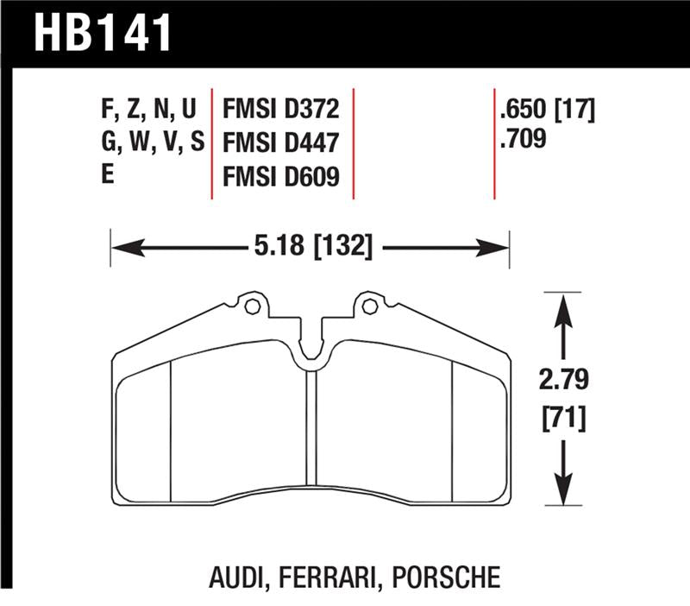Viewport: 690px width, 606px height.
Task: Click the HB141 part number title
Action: pos(103,32)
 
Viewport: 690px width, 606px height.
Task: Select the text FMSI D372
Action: pos(280,110)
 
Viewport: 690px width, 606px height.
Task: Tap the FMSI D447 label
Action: pos(280,142)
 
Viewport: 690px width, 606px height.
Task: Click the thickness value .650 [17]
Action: pos(547,110)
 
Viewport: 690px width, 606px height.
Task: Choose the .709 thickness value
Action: pos(523,138)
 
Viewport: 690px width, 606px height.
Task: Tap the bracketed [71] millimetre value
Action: pos(563,420)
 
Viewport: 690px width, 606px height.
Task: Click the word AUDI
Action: pos(235,576)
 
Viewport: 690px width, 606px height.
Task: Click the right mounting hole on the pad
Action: pos(369,305)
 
